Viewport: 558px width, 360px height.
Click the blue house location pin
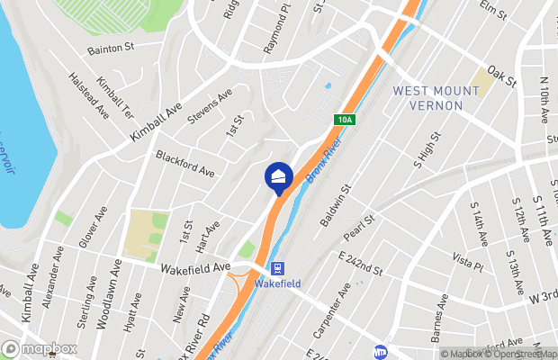coord(277,175)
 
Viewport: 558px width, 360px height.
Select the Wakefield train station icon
coord(277,268)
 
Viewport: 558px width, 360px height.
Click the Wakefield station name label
coord(277,283)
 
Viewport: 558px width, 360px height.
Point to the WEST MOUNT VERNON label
coord(427,98)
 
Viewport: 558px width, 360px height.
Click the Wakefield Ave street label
coord(196,267)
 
